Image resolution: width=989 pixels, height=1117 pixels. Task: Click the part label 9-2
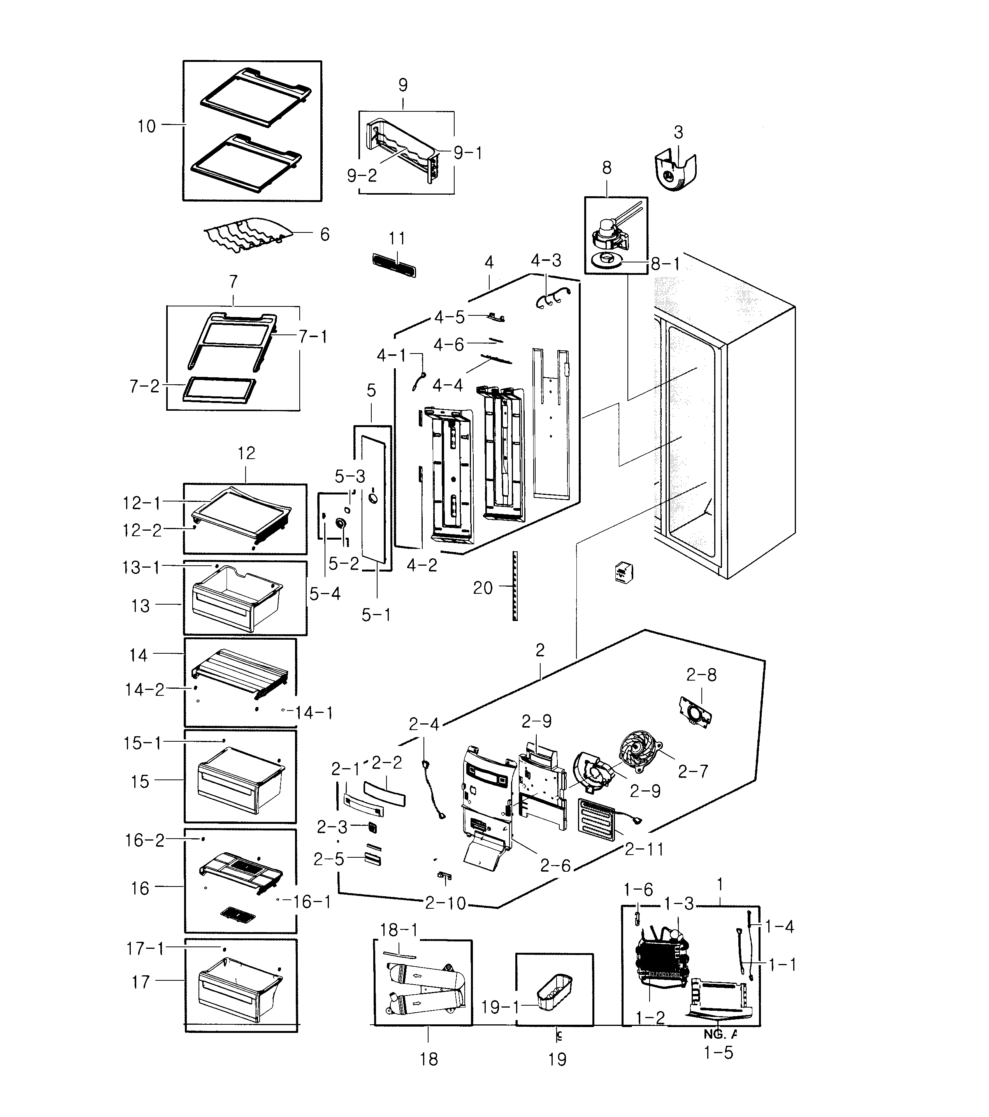pos(362,176)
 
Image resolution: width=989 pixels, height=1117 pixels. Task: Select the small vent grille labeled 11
pos(394,264)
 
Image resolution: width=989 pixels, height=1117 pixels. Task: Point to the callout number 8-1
pos(665,264)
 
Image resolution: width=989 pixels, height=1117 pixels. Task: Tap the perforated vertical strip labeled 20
pos(515,586)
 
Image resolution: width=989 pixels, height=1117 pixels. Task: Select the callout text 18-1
pos(399,930)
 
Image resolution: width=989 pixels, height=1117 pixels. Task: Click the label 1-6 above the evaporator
pos(638,890)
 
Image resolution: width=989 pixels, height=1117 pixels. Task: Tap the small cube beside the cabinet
pos(624,573)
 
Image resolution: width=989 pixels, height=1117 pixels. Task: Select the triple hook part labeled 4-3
pos(551,299)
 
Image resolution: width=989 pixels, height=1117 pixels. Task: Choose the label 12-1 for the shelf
pos(142,503)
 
